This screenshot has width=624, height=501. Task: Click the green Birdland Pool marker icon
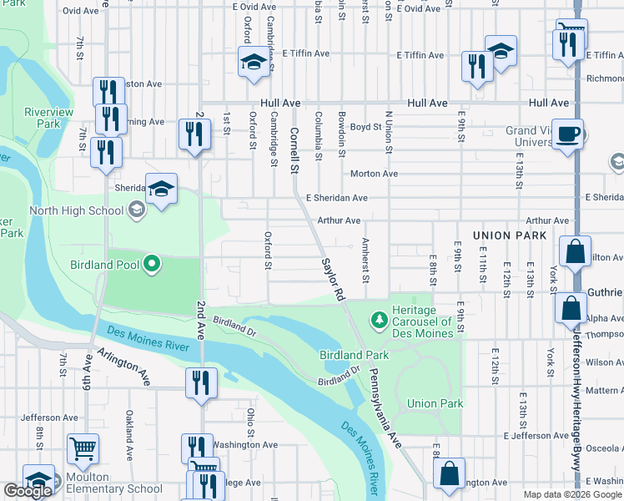151,266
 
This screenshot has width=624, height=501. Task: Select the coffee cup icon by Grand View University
568,133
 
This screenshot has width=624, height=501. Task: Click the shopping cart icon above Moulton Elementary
83,449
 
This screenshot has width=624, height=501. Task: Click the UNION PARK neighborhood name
509,236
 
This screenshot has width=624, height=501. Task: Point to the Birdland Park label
355,355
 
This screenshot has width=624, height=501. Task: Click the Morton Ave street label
374,174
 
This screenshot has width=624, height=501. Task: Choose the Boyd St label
365,127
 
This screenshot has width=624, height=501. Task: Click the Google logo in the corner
28,491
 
